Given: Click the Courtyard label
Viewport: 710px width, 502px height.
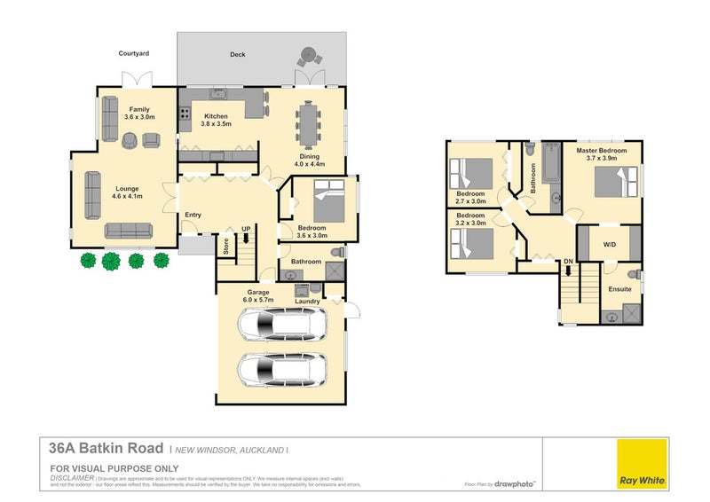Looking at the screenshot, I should pos(134,54).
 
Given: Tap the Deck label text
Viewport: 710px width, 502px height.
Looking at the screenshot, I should pos(237,55).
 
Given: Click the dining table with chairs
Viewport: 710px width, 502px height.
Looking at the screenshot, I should pos(309,123).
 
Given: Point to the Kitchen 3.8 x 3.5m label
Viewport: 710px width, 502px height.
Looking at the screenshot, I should pos(216,121).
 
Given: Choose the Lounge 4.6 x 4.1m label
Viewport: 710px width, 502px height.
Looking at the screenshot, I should pos(128,192).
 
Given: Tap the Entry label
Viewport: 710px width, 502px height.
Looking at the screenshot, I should pos(193,215).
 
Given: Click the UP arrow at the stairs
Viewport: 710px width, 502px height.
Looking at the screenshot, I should pos(246,237).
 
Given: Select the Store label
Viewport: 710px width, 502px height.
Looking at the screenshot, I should pos(226,246).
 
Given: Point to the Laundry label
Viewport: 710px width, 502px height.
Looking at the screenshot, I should pos(307,302).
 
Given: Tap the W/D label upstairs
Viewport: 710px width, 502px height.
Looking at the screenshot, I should pos(609,245).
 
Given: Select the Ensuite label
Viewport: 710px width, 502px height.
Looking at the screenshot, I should pos(619,288).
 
